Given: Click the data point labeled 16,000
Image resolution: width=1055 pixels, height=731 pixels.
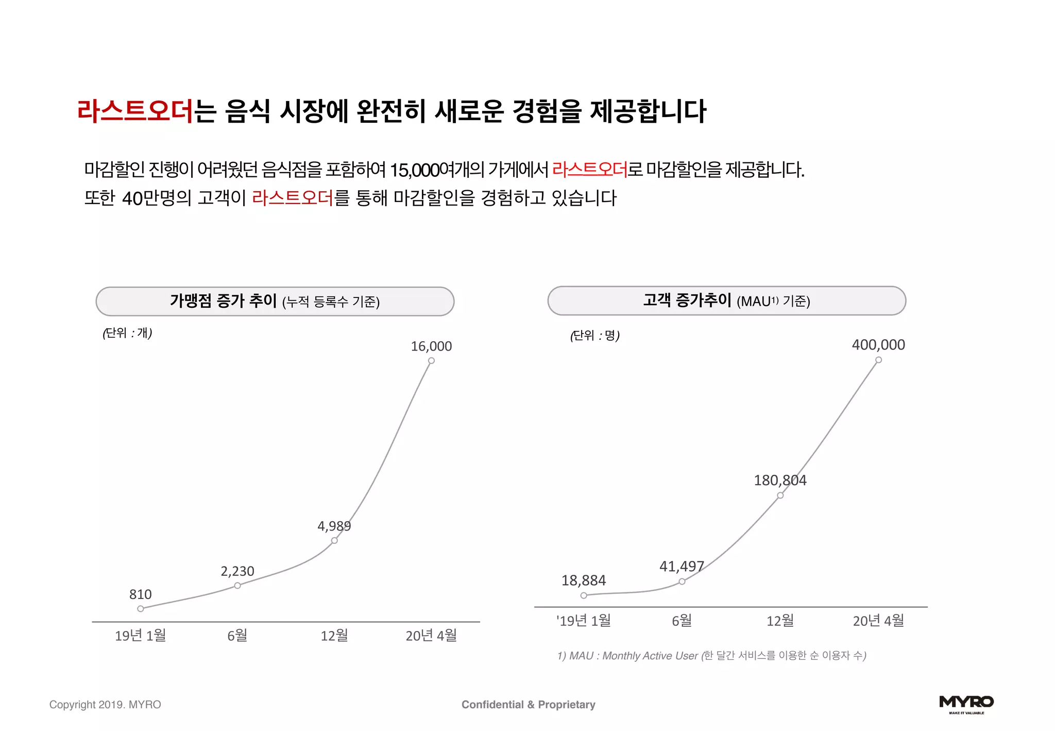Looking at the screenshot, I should click(431, 361).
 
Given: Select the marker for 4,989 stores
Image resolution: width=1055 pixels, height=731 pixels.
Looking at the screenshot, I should click(334, 540).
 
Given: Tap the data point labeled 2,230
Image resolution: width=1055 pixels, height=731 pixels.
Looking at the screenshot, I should click(237, 586).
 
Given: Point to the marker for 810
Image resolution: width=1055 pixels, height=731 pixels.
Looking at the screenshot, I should click(141, 609).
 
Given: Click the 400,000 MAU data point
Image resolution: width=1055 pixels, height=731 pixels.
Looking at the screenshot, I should click(878, 360).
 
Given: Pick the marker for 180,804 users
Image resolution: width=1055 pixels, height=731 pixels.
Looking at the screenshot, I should click(780, 495).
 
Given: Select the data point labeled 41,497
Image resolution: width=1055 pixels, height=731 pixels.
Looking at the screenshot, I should click(682, 582).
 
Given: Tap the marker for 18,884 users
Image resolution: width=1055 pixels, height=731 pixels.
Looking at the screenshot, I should click(584, 595).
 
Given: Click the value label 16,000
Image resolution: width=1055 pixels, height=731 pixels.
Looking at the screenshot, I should click(431, 346).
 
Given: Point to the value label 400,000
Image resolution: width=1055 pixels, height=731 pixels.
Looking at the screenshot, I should click(878, 345).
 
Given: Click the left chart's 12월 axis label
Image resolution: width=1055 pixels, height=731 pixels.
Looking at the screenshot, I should click(334, 636).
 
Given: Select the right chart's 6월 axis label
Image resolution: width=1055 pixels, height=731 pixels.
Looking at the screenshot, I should click(682, 621).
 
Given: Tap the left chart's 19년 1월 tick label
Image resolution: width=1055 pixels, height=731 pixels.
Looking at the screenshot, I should click(141, 636).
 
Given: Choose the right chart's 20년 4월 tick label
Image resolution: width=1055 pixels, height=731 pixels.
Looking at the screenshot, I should click(878, 621).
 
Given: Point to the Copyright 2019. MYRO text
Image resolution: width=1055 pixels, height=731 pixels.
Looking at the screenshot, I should click(105, 705).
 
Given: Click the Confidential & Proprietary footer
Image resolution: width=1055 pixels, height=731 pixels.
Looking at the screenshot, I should click(528, 705).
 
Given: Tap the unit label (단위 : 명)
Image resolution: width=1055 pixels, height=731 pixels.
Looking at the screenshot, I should click(595, 336).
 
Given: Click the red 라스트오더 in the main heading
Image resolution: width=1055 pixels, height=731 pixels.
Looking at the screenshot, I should click(135, 111).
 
